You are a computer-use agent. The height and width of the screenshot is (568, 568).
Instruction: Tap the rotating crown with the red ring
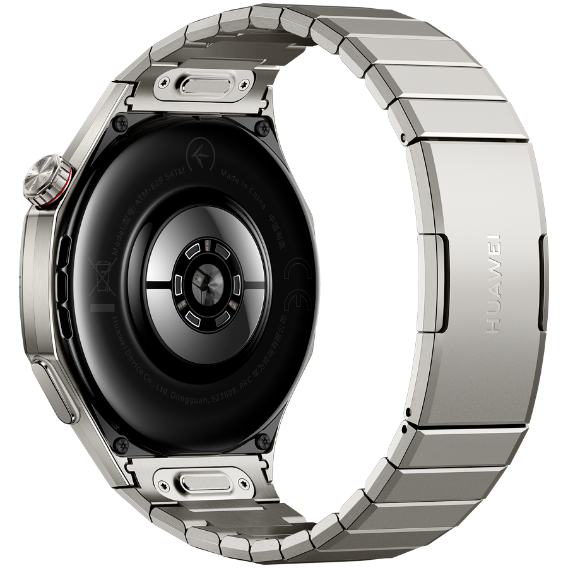[x=48, y=182]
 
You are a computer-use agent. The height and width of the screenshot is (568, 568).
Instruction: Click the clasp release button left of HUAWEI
[x=442, y=281]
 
